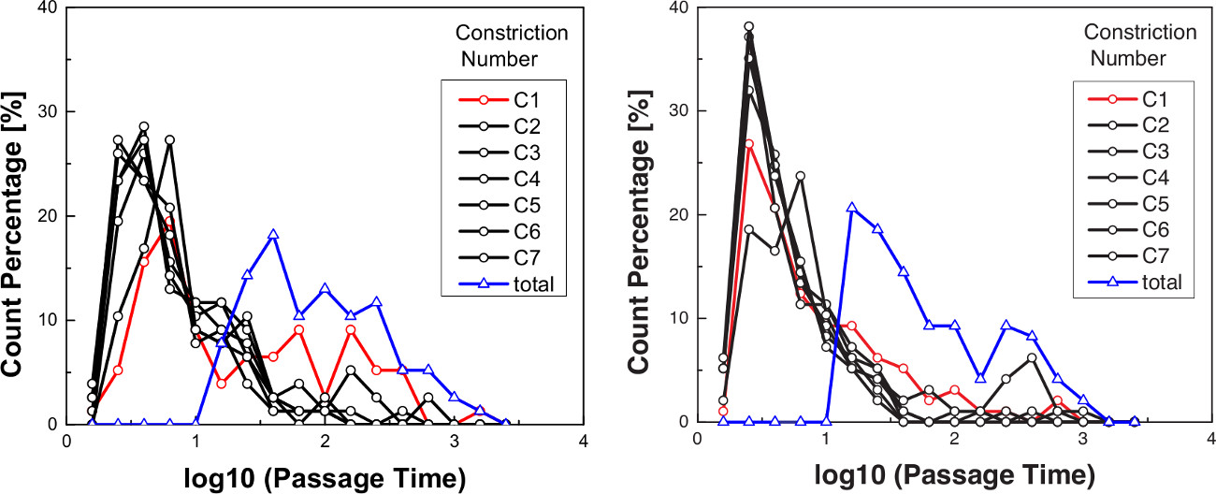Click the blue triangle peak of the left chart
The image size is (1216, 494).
point(273,234)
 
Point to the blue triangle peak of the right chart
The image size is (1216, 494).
point(851,208)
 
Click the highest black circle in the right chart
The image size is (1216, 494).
point(722,27)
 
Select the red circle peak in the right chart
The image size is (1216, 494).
point(722,144)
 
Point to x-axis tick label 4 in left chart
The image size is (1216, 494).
point(583,442)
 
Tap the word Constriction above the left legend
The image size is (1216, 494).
point(512,34)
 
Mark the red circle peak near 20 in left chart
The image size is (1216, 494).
point(169,222)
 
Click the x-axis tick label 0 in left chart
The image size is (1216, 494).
point(66,442)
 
